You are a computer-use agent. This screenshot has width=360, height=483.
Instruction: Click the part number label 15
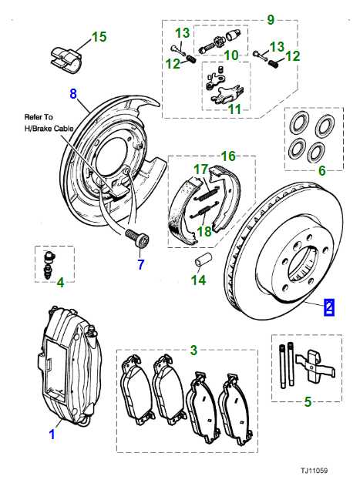click(x=99, y=36)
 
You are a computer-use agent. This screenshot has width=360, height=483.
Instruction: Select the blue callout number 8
click(x=73, y=95)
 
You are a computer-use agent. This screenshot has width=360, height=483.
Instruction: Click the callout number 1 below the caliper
click(x=52, y=434)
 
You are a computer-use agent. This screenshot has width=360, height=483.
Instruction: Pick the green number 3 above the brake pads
click(x=193, y=350)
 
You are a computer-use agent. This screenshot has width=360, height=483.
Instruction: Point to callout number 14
click(x=199, y=280)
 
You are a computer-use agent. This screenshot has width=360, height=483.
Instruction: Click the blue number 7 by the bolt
click(x=140, y=266)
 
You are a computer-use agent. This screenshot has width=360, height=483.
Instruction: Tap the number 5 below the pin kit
click(x=308, y=401)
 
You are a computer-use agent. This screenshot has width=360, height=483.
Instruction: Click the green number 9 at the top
click(x=270, y=18)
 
